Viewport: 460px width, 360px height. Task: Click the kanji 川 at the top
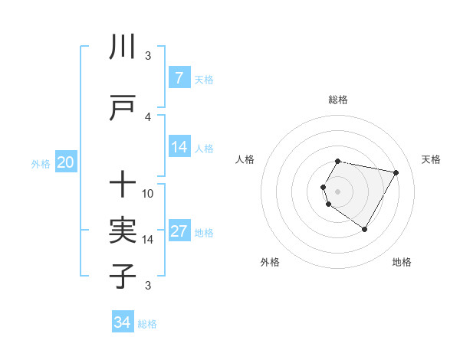123,47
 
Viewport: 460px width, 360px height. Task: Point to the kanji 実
123,231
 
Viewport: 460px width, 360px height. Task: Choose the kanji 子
123,276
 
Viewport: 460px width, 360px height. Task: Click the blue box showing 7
179,78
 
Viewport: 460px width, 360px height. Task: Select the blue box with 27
179,232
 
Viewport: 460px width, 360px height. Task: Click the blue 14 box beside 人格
179,147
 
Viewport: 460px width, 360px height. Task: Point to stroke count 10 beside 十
148,193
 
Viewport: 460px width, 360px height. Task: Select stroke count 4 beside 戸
148,116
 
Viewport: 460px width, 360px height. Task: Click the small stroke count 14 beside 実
148,239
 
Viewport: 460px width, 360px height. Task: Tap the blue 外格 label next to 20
41,163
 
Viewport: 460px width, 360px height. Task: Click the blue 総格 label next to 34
147,324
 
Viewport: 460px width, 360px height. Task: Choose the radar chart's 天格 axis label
431,159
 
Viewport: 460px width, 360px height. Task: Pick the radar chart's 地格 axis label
402,262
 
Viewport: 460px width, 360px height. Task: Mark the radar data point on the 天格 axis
396,173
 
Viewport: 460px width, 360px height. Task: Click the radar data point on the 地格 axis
364,229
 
